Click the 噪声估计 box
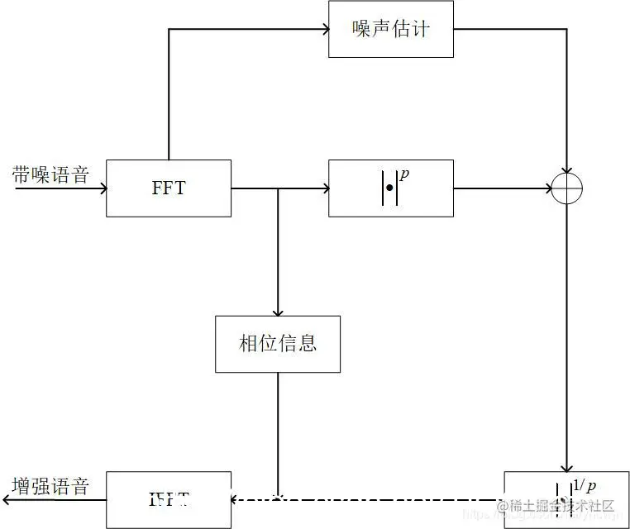(x=390, y=29)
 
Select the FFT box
(x=169, y=188)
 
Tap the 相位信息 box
(x=278, y=343)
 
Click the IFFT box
(x=169, y=499)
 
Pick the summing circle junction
(x=567, y=189)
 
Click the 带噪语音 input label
(x=50, y=175)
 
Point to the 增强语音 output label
(x=50, y=486)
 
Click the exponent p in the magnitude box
(x=404, y=174)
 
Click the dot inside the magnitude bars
(x=389, y=189)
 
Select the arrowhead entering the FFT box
(x=103, y=188)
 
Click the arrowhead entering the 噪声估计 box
(x=324, y=29)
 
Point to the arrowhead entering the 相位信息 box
(x=278, y=312)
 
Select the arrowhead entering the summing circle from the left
(x=547, y=189)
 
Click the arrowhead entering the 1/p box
(x=567, y=467)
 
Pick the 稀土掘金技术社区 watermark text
(x=561, y=505)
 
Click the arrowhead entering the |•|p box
(x=324, y=189)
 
